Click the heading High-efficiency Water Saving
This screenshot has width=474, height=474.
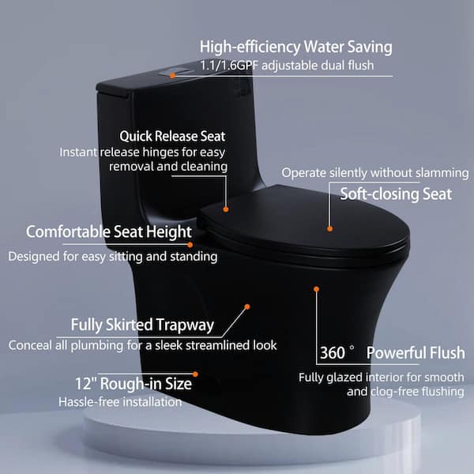point(295,47)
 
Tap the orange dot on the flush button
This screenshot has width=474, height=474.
point(172,76)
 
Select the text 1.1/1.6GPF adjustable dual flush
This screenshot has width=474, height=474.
point(288,66)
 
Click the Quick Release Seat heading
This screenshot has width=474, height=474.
point(172,136)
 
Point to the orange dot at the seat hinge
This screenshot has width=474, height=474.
point(225,209)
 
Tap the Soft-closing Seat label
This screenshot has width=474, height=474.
point(396,194)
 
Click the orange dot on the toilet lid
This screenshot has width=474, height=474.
point(329,229)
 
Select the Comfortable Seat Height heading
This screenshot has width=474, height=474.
point(109,232)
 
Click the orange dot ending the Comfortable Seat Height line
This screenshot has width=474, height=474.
point(190,245)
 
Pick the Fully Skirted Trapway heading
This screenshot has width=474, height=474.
point(142,325)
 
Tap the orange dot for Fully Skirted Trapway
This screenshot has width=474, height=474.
point(247,307)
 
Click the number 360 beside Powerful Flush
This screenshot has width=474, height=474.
point(333,353)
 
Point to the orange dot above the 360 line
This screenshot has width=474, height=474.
point(316,289)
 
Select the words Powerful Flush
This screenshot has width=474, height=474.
point(416,353)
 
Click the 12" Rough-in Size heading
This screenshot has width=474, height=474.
point(134,384)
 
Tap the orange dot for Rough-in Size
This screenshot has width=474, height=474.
point(195,374)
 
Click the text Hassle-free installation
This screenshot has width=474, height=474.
point(120,402)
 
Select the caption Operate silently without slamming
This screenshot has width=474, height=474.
point(375,173)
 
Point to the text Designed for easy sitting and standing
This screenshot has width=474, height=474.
point(113,257)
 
